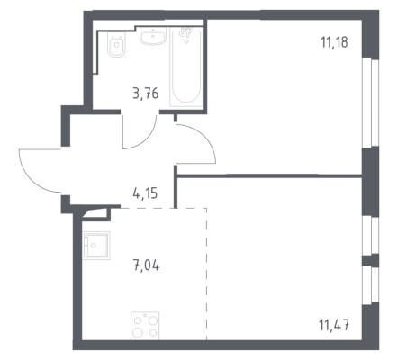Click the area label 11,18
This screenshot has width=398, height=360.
click(334, 42)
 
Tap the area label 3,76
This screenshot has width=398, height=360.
click(146, 94)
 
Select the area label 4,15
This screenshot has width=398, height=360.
click(145, 193)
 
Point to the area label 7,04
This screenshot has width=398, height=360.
click(146, 265)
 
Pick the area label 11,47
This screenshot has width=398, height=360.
click(334, 325)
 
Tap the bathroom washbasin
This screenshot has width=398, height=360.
click(153, 36)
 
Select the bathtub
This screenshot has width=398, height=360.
click(185, 67)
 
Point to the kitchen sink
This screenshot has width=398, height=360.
click(96, 246)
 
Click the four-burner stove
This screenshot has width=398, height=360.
click(145, 326)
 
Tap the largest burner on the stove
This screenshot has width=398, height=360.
click(138, 332)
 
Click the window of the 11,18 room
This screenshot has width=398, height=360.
click(372, 103)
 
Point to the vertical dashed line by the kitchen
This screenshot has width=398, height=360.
click(206, 274)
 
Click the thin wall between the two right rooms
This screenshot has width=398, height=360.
click(269, 175)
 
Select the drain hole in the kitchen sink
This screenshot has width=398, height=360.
click(94, 246)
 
